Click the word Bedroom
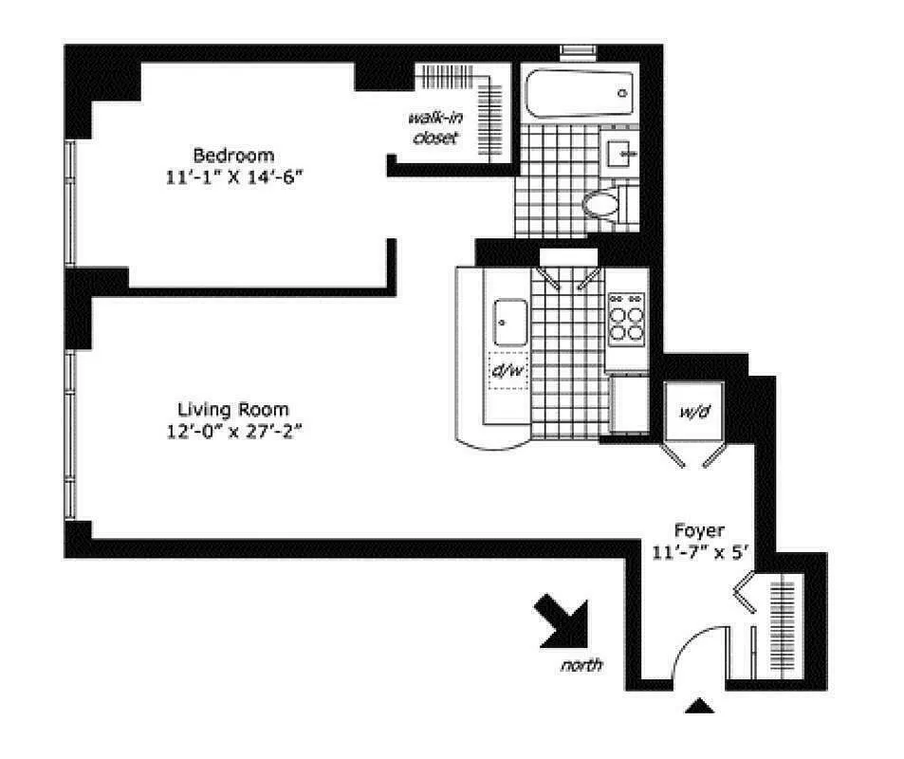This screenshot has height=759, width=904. (233, 155)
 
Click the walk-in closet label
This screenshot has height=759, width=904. (433, 127)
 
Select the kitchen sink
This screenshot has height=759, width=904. (510, 323)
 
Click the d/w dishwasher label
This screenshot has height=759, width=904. (507, 369)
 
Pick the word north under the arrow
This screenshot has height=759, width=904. (581, 665)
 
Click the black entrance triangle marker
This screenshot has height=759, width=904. (699, 705)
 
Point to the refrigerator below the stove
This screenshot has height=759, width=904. (627, 402)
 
